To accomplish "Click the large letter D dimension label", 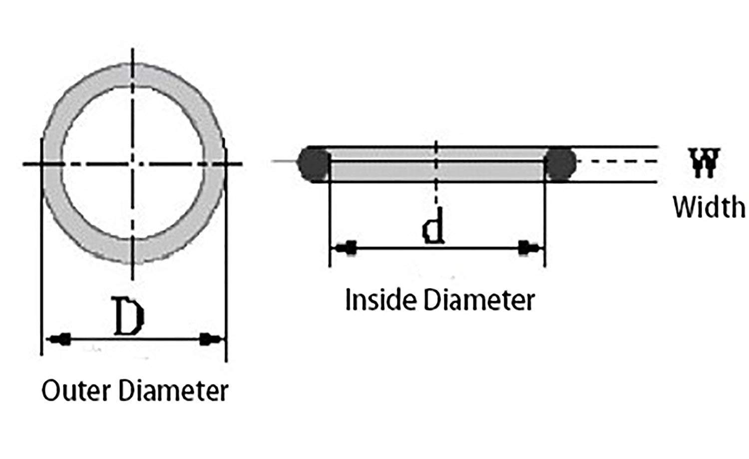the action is click(x=129, y=316).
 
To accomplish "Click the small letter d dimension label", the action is click(x=434, y=226).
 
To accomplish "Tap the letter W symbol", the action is click(x=704, y=163).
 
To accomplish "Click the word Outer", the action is click(x=76, y=391).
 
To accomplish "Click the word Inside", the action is click(x=380, y=299).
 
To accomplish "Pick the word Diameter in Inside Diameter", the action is click(x=479, y=299).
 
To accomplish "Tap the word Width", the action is click(x=709, y=207).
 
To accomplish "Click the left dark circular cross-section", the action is click(x=314, y=164).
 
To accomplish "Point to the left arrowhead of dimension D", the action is click(x=59, y=339).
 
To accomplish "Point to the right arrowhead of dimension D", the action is click(x=210, y=339).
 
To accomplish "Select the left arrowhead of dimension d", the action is click(x=346, y=248).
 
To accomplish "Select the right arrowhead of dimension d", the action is click(x=528, y=248).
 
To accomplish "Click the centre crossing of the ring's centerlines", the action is click(x=133, y=164).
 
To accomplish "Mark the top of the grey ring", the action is click(x=134, y=75).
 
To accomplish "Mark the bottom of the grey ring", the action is click(x=134, y=252).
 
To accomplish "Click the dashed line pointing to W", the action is click(x=617, y=161).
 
